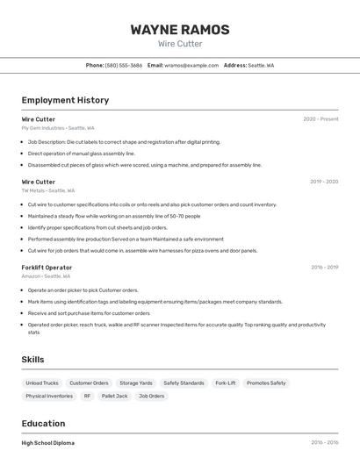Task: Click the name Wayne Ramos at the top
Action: click(x=180, y=30)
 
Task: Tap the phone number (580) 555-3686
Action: click(x=124, y=66)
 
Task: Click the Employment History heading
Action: click(x=65, y=100)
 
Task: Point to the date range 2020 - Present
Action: click(x=320, y=119)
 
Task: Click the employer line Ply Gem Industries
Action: click(x=58, y=128)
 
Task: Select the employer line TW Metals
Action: click(x=48, y=190)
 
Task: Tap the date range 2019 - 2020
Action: click(x=324, y=182)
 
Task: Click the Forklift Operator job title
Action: click(x=47, y=268)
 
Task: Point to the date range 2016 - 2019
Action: click(x=324, y=268)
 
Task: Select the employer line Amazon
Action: click(x=46, y=276)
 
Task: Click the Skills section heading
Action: click(x=32, y=360)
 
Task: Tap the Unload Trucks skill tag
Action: click(x=42, y=383)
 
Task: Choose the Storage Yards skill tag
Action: click(x=136, y=383)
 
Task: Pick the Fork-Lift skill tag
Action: click(x=226, y=383)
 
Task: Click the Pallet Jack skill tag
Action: click(x=115, y=397)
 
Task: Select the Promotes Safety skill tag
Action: click(x=266, y=383)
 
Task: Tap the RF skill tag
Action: click(x=87, y=397)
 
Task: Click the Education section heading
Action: click(x=44, y=424)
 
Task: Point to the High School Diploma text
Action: click(x=48, y=443)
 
